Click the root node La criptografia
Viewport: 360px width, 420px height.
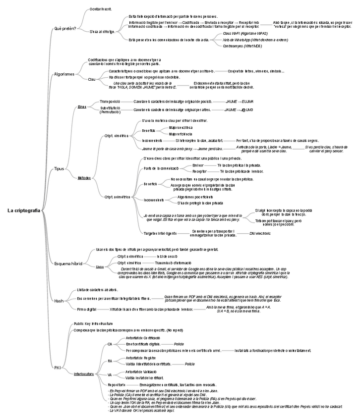click(24, 210)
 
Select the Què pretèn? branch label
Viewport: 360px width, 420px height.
click(65, 28)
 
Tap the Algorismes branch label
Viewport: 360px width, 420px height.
click(64, 74)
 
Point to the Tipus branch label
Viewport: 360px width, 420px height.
click(59, 169)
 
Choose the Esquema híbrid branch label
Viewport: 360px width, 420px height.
click(68, 263)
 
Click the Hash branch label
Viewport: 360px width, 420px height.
click(59, 300)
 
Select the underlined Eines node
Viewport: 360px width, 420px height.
click(82, 106)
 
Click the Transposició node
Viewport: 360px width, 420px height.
click(110, 101)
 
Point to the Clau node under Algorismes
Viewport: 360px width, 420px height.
click(92, 79)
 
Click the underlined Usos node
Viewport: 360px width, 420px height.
click(100, 266)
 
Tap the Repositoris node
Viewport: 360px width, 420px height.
click(117, 384)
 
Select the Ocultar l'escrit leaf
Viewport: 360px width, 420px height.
click(101, 9)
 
